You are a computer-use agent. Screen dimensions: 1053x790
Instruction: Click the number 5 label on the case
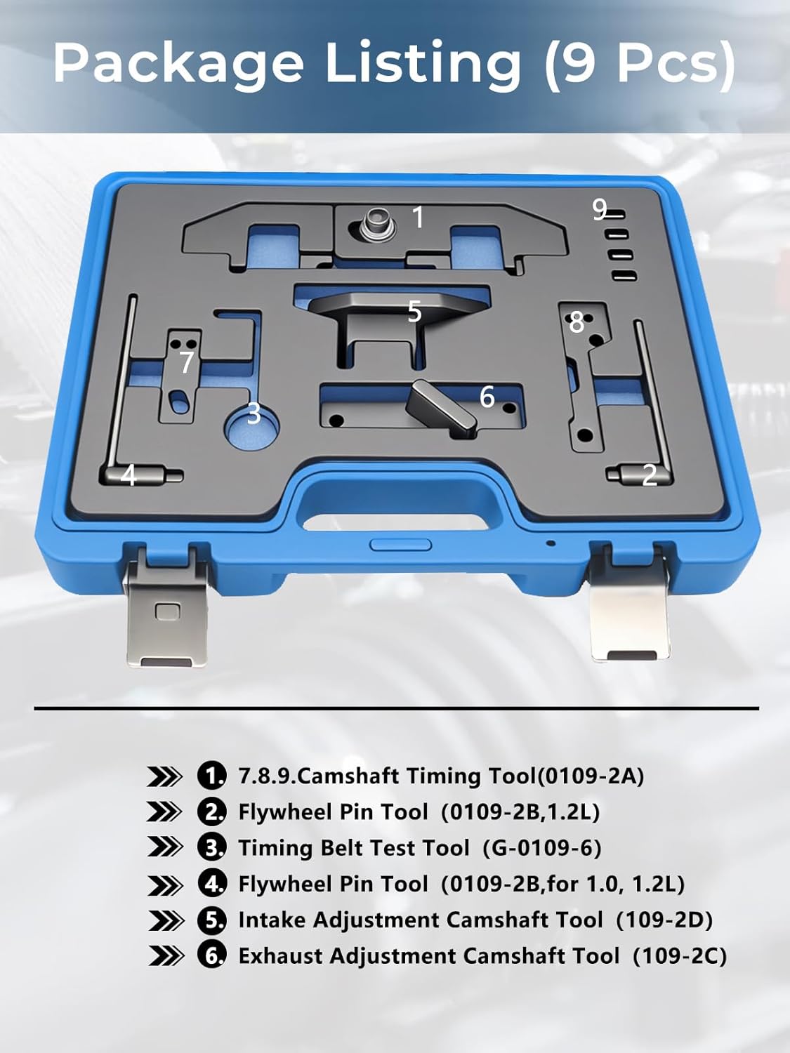pyautogui.click(x=414, y=311)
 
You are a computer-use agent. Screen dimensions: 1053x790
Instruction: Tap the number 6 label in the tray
pyautogui.click(x=487, y=397)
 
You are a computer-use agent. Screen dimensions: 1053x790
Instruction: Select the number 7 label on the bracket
pyautogui.click(x=186, y=362)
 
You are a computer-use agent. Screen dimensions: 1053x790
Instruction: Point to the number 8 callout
pyautogui.click(x=577, y=322)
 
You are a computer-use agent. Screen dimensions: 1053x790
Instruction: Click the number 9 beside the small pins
pyautogui.click(x=599, y=209)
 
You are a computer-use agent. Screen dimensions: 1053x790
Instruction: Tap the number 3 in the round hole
pyautogui.click(x=254, y=414)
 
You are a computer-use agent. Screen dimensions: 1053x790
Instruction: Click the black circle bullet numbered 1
pyautogui.click(x=211, y=776)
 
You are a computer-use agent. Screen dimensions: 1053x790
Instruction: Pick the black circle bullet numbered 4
pyautogui.click(x=211, y=884)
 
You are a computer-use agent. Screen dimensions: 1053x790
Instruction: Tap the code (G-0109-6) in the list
pyautogui.click(x=542, y=848)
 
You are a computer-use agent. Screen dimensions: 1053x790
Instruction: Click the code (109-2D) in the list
pyautogui.click(x=664, y=920)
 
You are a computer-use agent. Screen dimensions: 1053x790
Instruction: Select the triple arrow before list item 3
pyautogui.click(x=165, y=848)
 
